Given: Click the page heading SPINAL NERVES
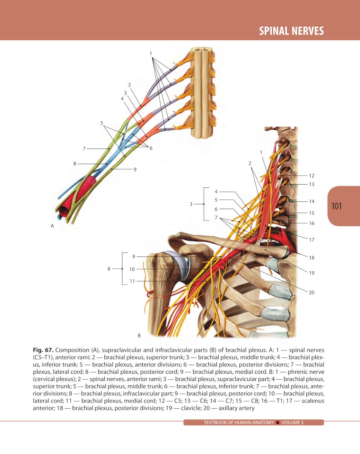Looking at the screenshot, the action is coord(291,31).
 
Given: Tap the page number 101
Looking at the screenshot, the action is coord(337,206).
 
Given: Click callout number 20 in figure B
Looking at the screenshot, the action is coord(312,292).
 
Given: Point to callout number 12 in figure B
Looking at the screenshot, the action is coord(312,176).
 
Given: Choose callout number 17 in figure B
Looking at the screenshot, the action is coord(312,240).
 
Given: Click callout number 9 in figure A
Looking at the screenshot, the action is coord(135,169).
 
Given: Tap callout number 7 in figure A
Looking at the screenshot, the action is coord(84,149).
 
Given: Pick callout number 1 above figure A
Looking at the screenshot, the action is coord(151,54).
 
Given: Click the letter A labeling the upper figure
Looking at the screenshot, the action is coord(52,226).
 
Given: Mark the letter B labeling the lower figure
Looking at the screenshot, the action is coord(139,335).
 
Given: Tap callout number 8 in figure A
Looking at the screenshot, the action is coord(75,164).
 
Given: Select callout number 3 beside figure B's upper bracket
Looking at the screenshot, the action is coord(191,204).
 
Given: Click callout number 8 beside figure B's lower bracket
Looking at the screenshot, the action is coord(109,269).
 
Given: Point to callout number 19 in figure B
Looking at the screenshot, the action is coord(312,273).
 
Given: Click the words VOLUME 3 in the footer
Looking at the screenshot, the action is coord(292,422).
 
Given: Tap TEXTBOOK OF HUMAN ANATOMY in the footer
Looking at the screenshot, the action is coord(239,422).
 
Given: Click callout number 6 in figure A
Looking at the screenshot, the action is coord(151,148).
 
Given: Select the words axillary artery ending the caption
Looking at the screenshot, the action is coord(237,408).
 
